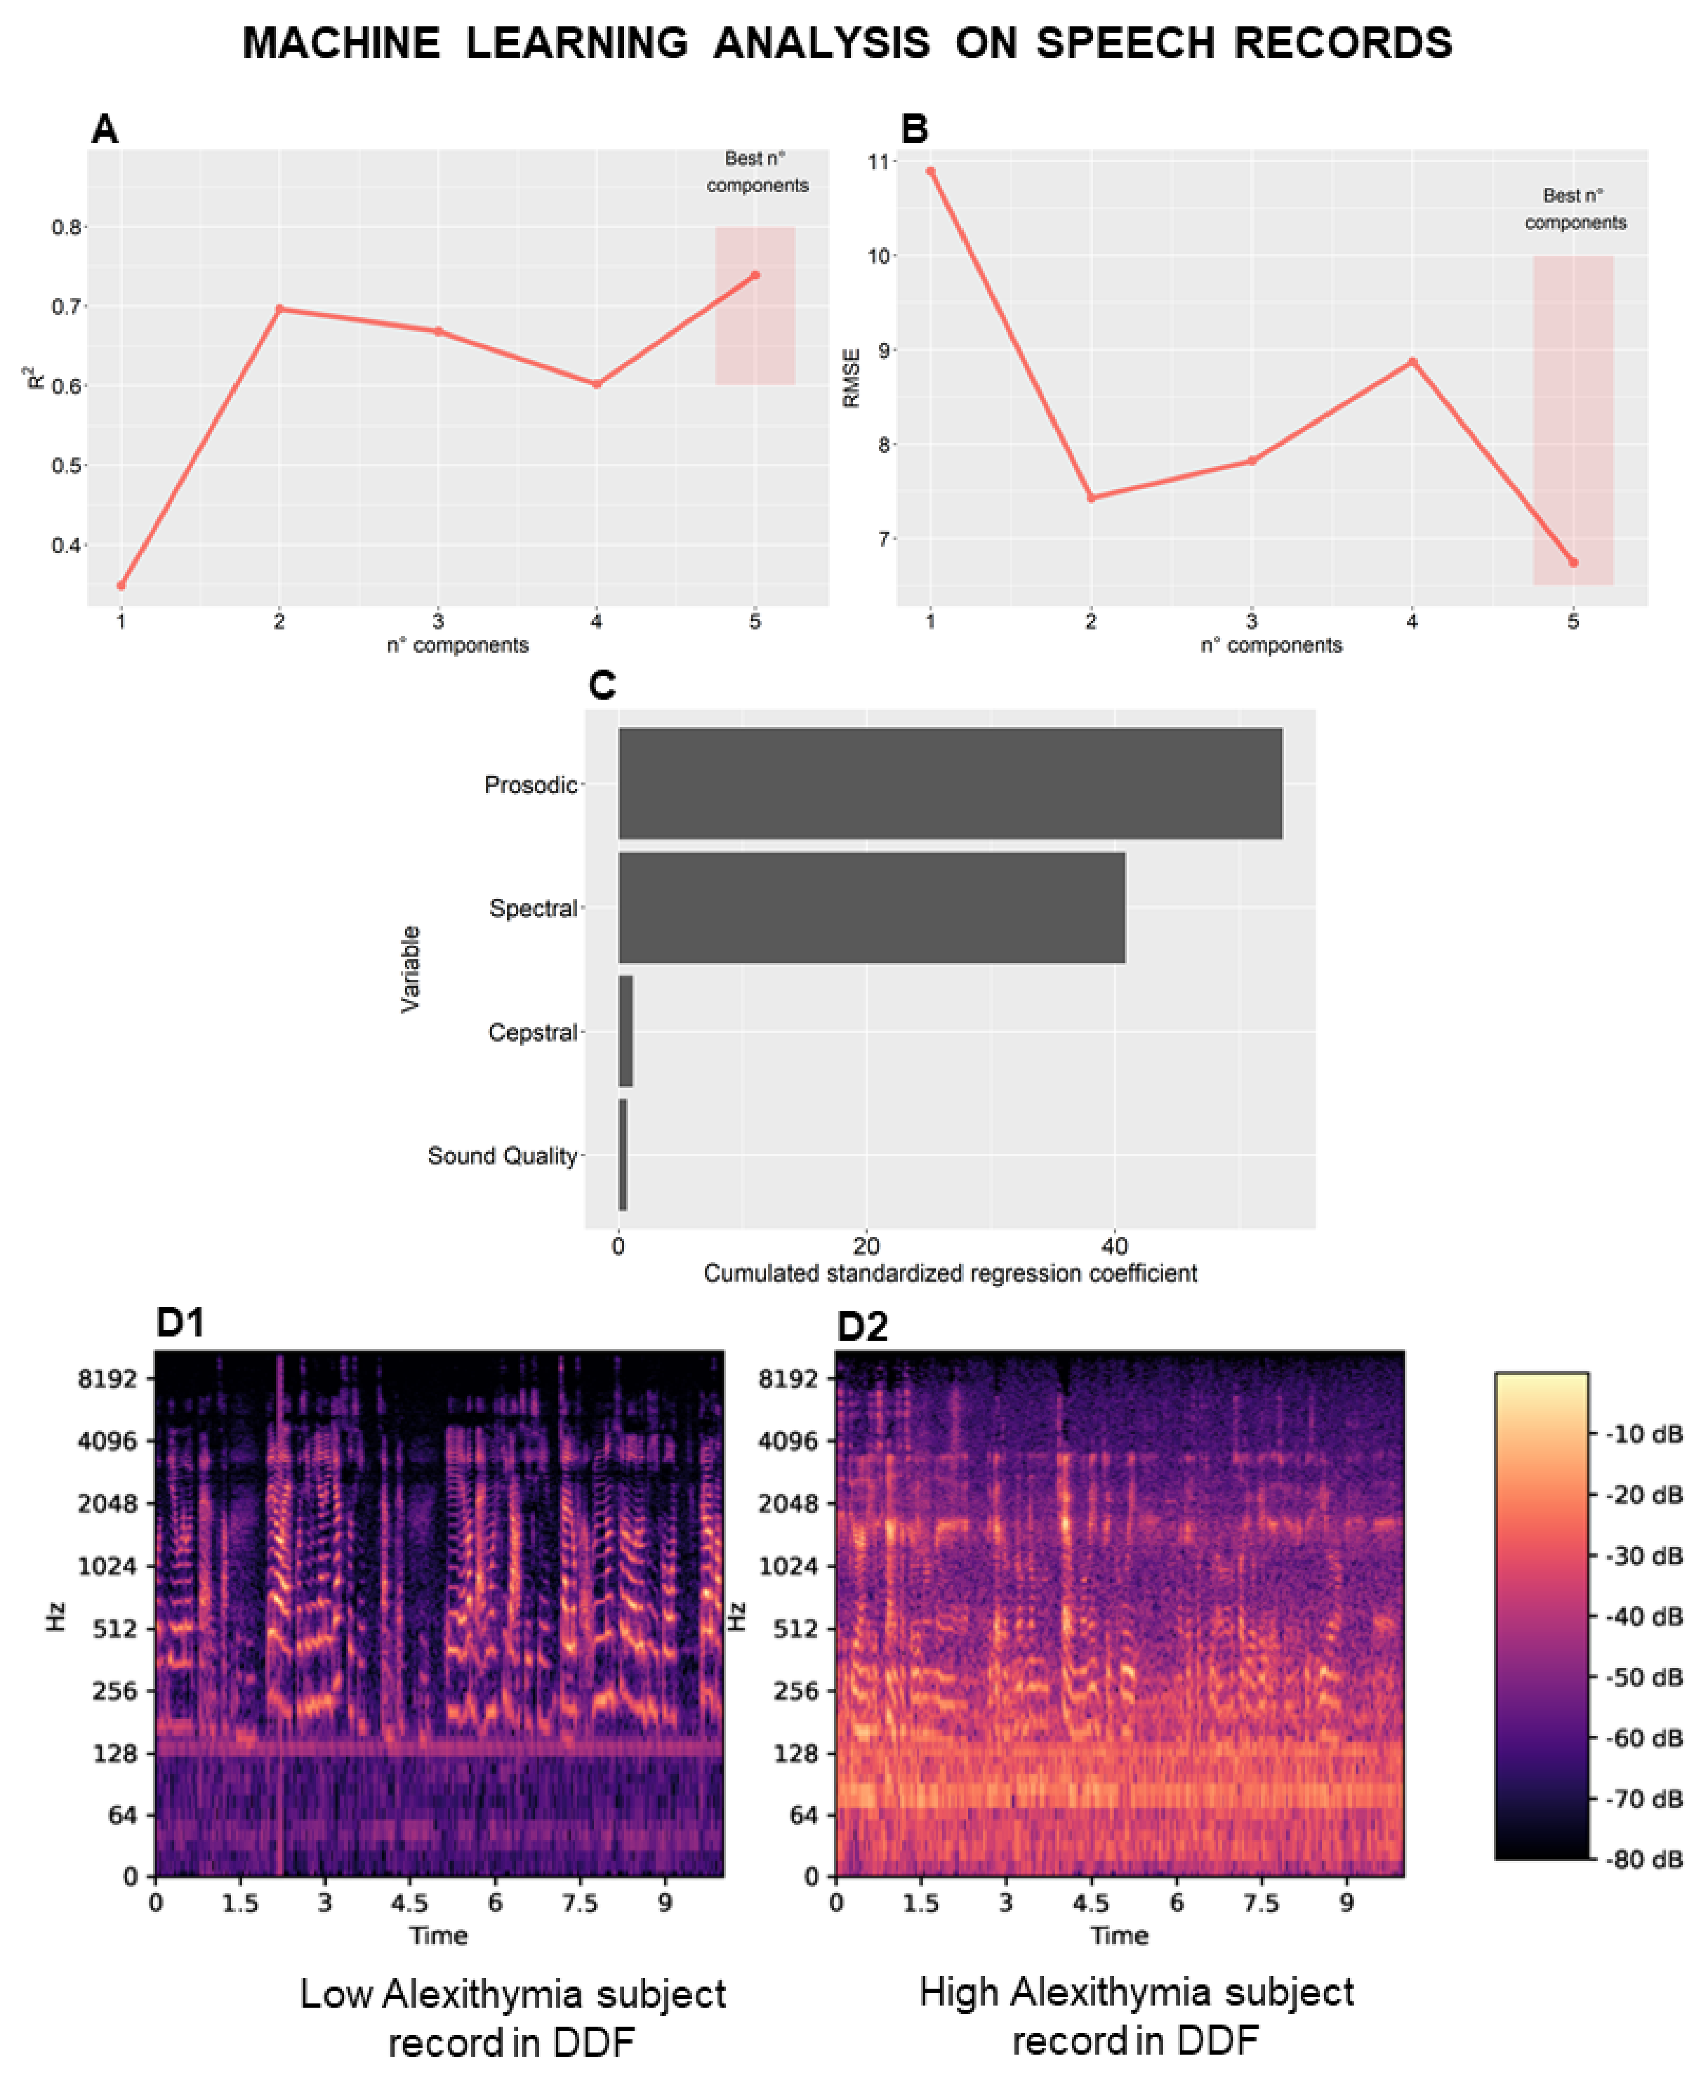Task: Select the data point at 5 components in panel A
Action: [755, 275]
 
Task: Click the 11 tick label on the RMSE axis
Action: [878, 161]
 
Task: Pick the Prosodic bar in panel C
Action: [950, 784]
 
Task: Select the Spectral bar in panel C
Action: [871, 908]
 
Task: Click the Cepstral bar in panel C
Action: [625, 1031]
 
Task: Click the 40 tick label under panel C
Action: [1115, 1246]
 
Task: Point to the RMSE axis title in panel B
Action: [851, 378]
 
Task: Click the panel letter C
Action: [601, 685]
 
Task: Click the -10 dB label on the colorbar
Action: [1644, 1434]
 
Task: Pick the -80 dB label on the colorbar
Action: [1644, 1860]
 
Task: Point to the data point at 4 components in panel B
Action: [1412, 362]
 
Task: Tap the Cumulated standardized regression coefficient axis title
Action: [950, 1274]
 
